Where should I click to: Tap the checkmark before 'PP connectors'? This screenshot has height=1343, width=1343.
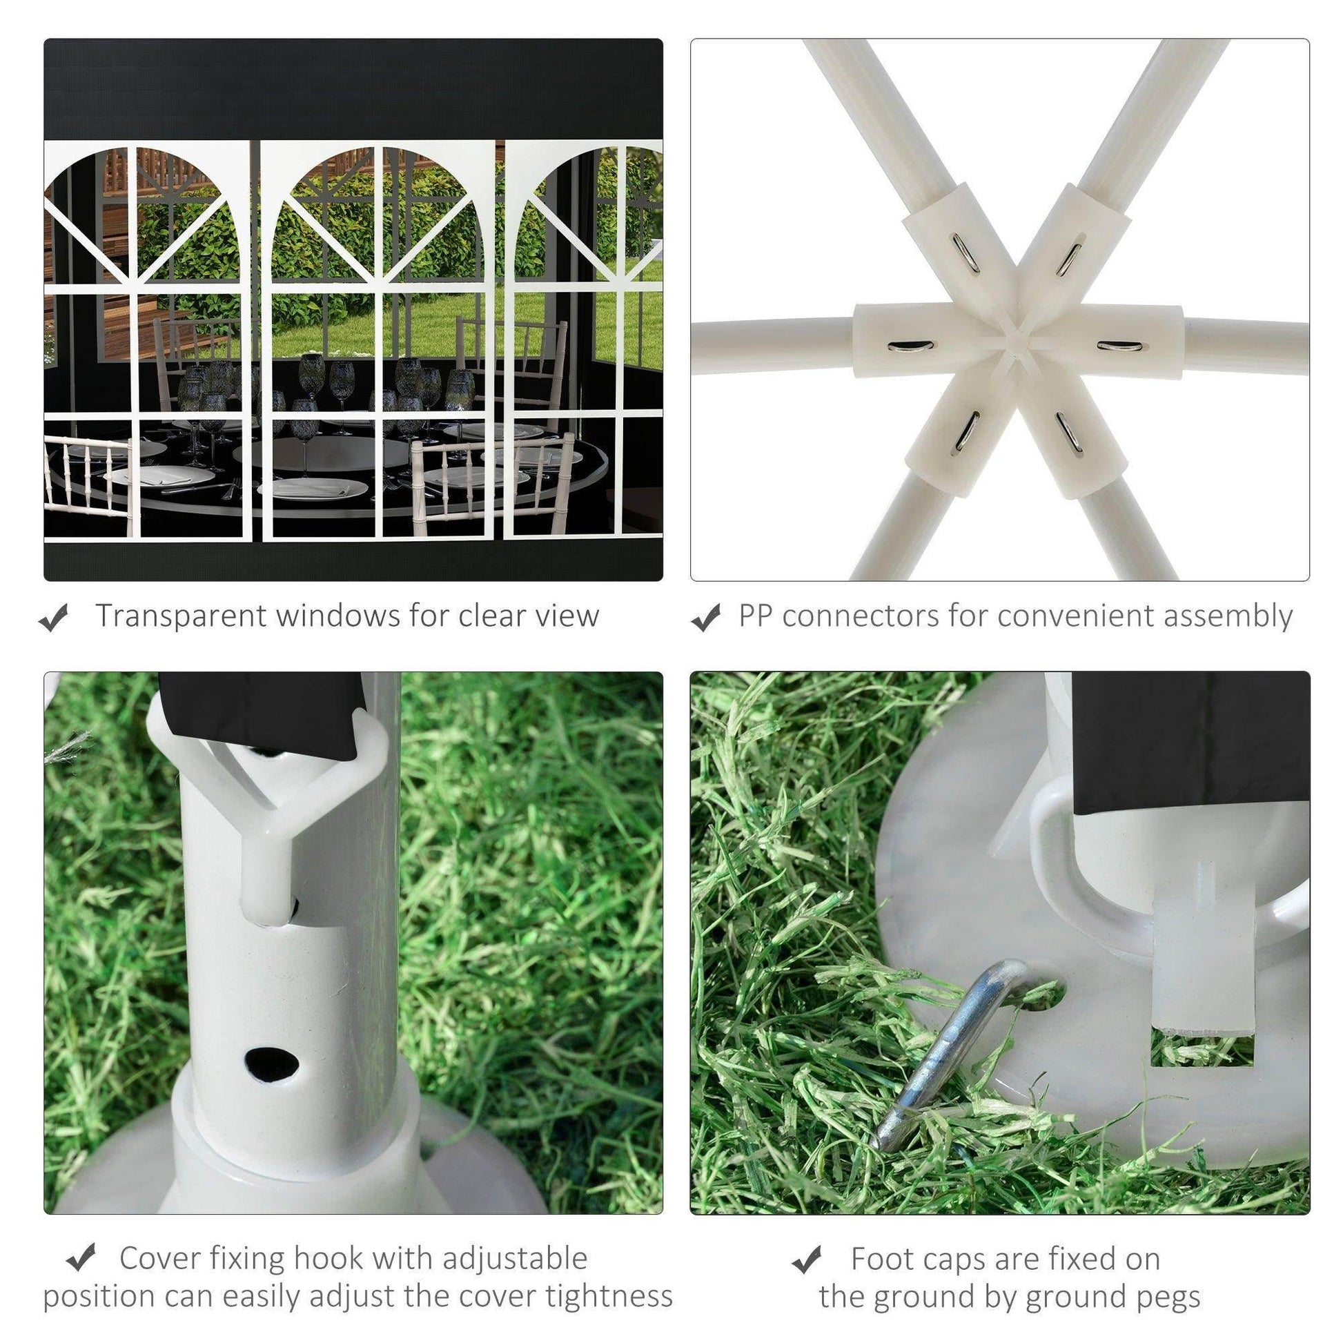tap(706, 617)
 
